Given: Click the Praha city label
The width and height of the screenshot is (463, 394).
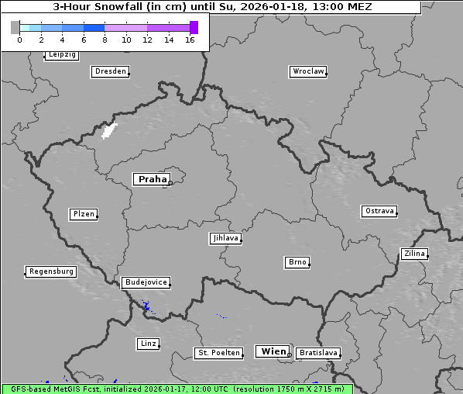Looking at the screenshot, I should tap(152, 179).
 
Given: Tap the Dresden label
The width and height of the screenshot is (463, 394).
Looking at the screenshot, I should tap(110, 71).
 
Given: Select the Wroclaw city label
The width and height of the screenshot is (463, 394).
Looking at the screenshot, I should tap(307, 71).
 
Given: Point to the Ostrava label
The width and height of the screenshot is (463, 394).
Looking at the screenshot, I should tap(379, 211).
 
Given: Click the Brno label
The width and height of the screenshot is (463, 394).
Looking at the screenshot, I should tap(297, 262).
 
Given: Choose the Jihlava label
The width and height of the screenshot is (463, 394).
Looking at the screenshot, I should tap(225, 238).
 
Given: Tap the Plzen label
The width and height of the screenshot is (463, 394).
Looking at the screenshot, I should tap(83, 214).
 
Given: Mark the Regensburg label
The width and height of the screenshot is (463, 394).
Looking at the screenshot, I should tap(51, 271).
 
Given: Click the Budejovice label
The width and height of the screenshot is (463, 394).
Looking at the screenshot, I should tap(146, 282).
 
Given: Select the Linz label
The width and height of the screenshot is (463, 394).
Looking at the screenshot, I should tap(148, 343).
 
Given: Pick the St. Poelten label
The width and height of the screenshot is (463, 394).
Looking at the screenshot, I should tap(214, 353).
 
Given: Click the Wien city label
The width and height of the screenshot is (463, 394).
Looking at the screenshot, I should tap(273, 351).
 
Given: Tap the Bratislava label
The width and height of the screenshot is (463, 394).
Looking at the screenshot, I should tap(317, 353).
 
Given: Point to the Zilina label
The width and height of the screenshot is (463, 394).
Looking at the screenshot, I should tap(413, 254).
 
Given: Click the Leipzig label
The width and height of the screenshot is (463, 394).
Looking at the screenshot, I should tap(61, 55).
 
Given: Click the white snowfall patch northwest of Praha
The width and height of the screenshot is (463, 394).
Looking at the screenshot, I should tap(109, 130).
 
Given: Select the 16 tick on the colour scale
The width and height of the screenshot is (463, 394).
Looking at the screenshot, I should tap(190, 40).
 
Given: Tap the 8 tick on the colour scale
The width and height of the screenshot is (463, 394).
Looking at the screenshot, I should tap(105, 40).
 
